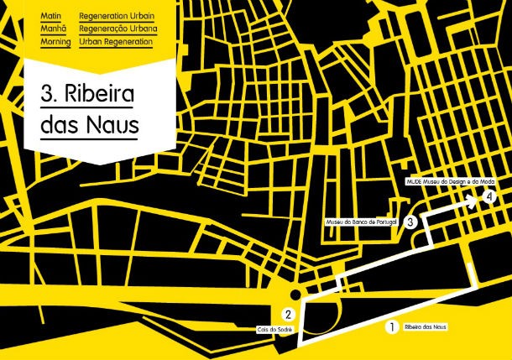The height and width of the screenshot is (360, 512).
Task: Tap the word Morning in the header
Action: coord(55,41)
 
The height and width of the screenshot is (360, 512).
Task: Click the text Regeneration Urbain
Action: coord(117,16)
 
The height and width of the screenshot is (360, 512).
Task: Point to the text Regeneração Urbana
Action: coord(117,29)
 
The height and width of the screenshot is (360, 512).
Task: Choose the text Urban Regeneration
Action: coord(116,41)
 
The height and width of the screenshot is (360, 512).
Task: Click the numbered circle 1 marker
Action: coord(389,328)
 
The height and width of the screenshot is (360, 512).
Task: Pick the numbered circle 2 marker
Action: coord(288,315)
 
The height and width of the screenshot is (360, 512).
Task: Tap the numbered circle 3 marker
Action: coord(410,222)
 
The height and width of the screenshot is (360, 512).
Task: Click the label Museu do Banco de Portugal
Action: coord(364,222)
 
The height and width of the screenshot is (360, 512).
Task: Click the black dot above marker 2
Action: coord(295,295)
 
